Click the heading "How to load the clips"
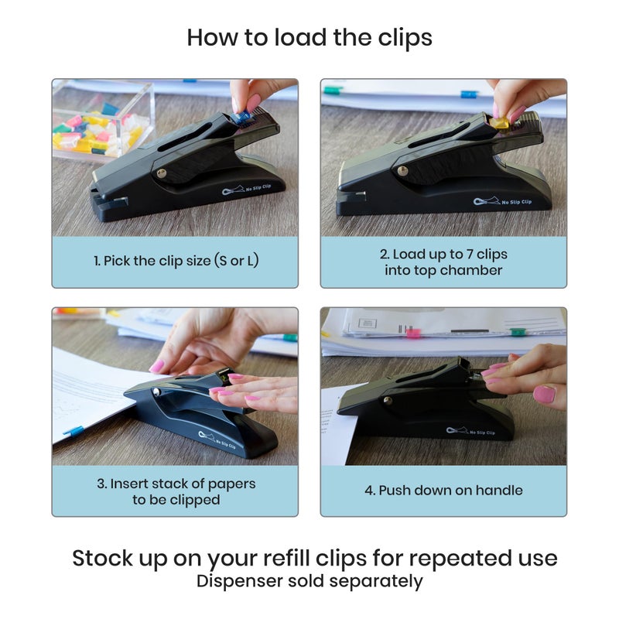click(x=309, y=37)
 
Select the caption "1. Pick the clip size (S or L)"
click(x=176, y=261)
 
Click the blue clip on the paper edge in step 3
click(x=73, y=430)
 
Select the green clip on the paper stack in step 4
click(x=517, y=332)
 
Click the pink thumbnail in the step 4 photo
click(x=545, y=394)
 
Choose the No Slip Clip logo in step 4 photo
click(x=469, y=431)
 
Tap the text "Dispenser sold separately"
click(x=309, y=581)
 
